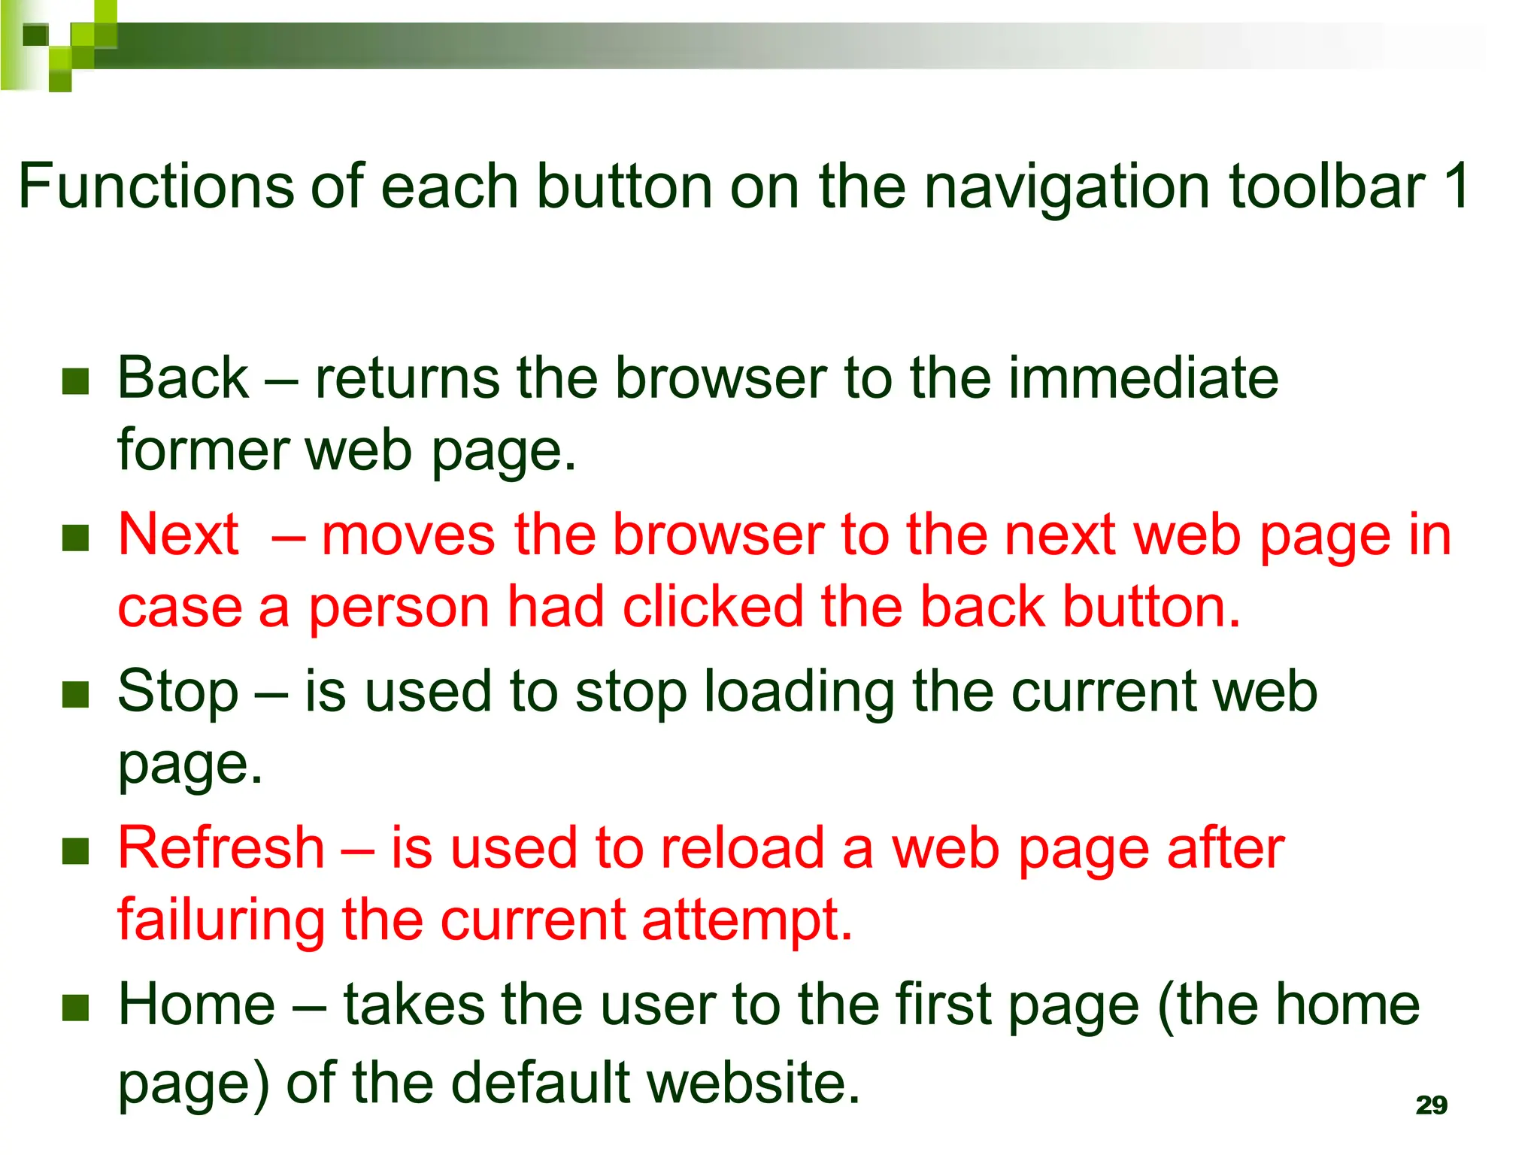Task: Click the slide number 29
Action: pyautogui.click(x=1431, y=1105)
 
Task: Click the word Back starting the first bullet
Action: pyautogui.click(x=183, y=377)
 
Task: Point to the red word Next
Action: pyautogui.click(x=178, y=535)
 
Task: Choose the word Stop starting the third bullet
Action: pyautogui.click(x=178, y=691)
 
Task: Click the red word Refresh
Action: pyautogui.click(x=221, y=847)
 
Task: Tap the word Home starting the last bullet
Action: pyautogui.click(x=197, y=1005)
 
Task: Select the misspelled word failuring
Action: pyautogui.click(x=221, y=920)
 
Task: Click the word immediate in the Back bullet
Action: pyautogui.click(x=1143, y=377)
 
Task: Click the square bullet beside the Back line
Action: pyautogui.click(x=76, y=381)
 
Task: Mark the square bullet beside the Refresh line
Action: pyautogui.click(x=76, y=851)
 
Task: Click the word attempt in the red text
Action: pyautogui.click(x=747, y=921)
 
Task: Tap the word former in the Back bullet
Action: pyautogui.click(x=203, y=450)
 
